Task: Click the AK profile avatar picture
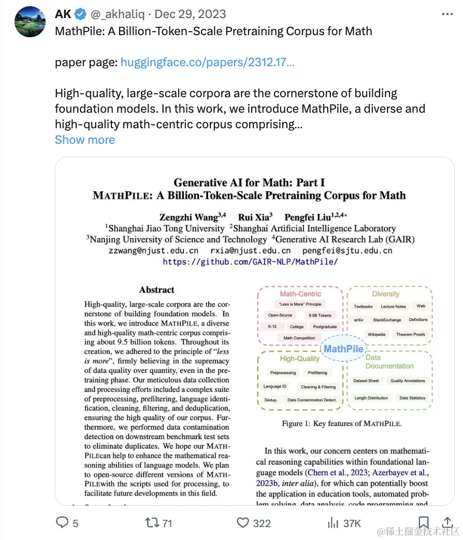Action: coord(30,22)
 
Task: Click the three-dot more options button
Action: coord(447,14)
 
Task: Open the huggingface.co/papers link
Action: coord(208,63)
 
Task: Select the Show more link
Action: coord(85,140)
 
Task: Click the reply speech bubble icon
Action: coord(62,523)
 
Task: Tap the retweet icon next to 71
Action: coord(152,523)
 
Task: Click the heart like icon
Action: coord(243,523)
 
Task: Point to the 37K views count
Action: coord(352,523)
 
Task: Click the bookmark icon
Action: coord(423,523)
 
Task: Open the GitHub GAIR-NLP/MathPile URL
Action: coord(250,262)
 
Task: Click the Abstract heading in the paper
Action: coord(157,290)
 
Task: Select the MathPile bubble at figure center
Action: coord(343,349)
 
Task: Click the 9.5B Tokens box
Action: coord(320,315)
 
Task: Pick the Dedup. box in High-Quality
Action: coord(271,400)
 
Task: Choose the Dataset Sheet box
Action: coord(366,381)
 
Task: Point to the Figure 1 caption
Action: coord(342,424)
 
